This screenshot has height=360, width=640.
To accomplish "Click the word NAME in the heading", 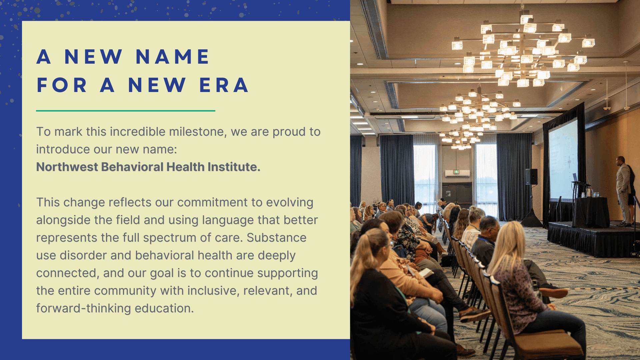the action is click(x=173, y=56).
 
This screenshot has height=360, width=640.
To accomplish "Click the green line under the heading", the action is click(x=126, y=111).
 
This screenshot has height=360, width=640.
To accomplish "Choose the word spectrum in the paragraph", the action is click(x=170, y=238).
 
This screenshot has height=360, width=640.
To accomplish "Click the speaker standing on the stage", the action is click(x=624, y=191).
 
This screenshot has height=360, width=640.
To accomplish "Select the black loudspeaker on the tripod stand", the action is click(x=531, y=176).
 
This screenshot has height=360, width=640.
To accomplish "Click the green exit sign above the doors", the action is click(x=456, y=172).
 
